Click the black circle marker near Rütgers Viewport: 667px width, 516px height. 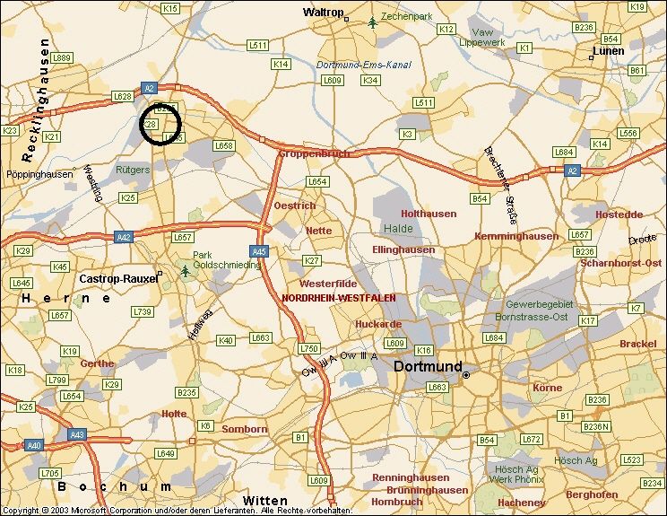161,124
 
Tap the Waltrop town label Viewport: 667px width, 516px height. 324,13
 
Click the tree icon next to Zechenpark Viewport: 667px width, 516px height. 372,22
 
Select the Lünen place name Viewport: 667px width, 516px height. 609,51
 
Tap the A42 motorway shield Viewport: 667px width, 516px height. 124,237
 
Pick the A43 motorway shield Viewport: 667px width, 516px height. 78,435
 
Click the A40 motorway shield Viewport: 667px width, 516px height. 34,445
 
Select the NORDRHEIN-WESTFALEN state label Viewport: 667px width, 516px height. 338,297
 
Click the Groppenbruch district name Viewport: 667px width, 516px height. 314,153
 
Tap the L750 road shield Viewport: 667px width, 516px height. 309,348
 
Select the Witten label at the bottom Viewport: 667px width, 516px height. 265,501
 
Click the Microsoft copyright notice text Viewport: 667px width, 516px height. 175,511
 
